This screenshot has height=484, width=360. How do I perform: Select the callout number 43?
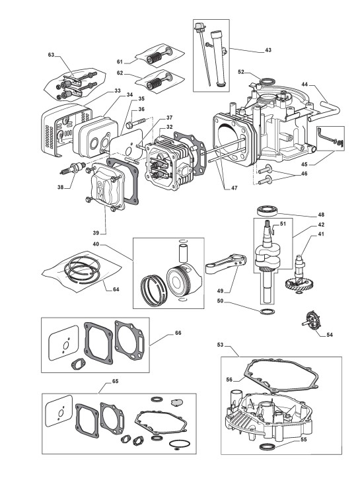coord(268,50)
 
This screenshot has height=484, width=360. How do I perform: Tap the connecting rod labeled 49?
coord(227,263)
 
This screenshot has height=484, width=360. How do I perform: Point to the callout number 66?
coord(178,333)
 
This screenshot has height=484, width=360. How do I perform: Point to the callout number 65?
coord(115,381)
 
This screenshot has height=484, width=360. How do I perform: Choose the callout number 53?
coord(220,345)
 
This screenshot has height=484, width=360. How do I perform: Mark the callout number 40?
coord(96,244)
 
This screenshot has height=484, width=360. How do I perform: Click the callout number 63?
coord(51,55)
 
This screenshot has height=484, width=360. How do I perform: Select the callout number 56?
coord(229,380)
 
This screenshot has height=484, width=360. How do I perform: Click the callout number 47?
coord(234,188)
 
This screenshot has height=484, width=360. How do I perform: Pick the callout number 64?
coord(116,289)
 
